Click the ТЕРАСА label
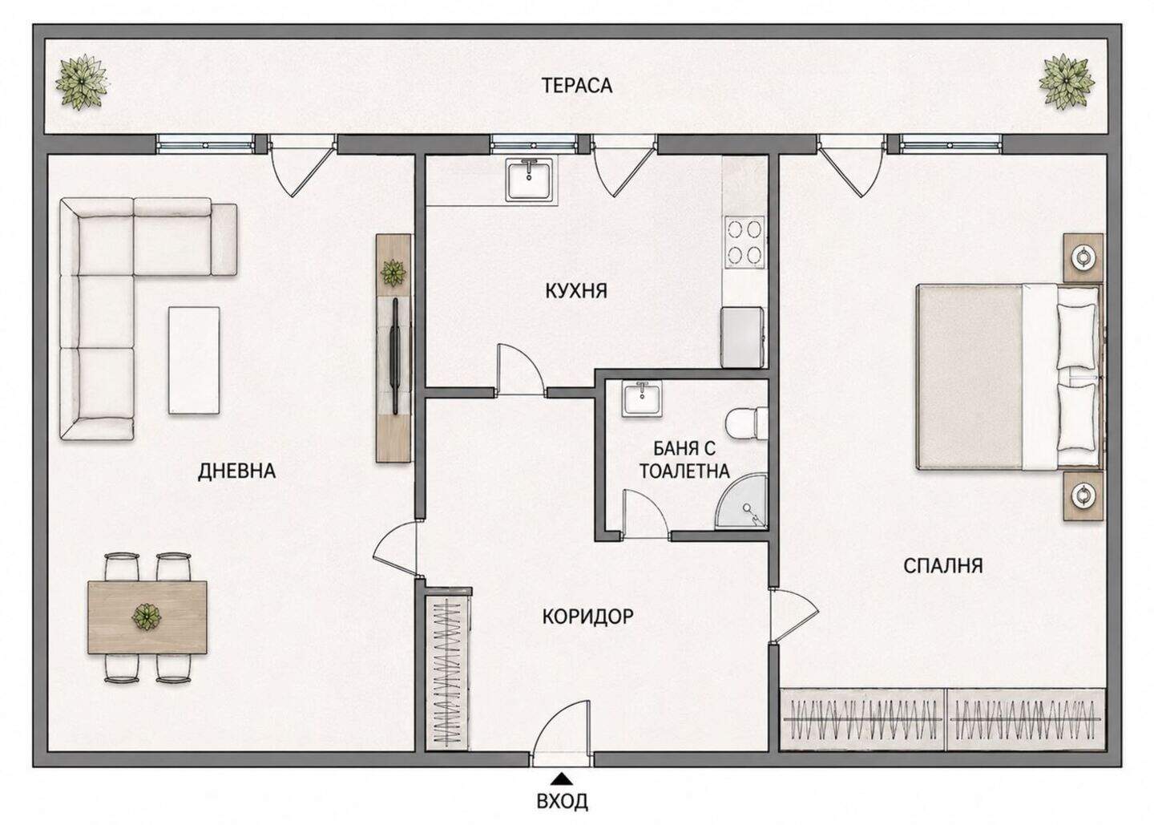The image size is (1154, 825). pos(576,85)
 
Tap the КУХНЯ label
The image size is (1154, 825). pos(576,291)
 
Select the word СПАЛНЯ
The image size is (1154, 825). pos(943,566)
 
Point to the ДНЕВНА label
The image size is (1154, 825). pos(237,471)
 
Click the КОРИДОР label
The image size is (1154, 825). pos(588,617)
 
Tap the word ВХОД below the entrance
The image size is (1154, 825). pos(562,801)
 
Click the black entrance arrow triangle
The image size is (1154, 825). pos(562,778)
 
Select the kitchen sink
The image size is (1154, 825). pos(531,179)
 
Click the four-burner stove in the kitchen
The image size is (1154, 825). pos(745,241)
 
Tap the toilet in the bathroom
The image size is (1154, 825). pos(745,423)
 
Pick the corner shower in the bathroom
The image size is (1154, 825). pos(742,502)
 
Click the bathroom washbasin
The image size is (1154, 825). pos(642,399)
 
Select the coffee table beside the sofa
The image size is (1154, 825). pos(194,360)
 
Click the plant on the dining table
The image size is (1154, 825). pos(147,617)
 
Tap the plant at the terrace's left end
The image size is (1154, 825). pos(82,83)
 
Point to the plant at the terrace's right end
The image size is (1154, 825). pos(1067,82)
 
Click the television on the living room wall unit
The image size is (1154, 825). pos(395,356)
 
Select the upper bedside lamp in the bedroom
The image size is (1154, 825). pos(1084,257)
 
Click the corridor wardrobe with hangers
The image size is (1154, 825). pos(447,671)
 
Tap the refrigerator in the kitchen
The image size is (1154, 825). pos(742,338)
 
